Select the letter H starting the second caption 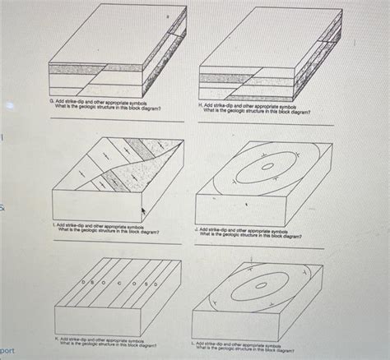(x=200, y=106)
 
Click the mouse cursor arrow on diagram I (x=144, y=212)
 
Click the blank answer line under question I (x=115, y=244)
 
